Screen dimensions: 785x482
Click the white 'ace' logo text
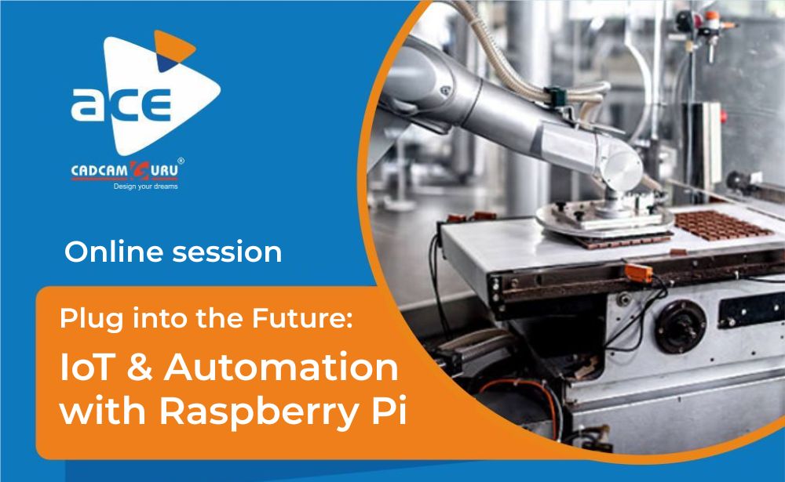tap(121, 104)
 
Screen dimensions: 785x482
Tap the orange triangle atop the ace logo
tap(173, 46)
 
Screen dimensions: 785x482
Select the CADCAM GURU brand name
tap(125, 171)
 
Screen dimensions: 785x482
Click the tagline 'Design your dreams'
tap(146, 187)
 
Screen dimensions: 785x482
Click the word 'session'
tap(228, 252)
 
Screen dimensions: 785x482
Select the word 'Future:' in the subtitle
tap(302, 318)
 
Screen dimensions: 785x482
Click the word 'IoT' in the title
tap(86, 367)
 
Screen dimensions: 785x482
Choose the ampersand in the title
tap(139, 367)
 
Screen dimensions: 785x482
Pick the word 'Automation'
tap(281, 367)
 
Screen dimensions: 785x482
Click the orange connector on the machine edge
tap(639, 273)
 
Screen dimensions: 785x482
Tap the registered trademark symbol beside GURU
tap(181, 161)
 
